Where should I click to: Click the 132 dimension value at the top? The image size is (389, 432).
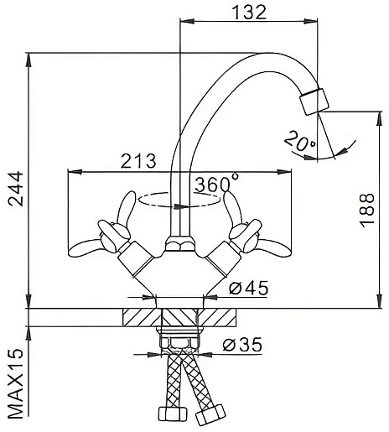click(x=250, y=13)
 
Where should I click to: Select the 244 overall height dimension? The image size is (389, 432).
click(x=16, y=189)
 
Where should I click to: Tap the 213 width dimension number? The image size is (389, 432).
click(x=138, y=161)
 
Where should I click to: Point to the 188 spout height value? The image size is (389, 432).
click(x=367, y=210)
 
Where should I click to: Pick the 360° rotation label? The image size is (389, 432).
click(x=217, y=183)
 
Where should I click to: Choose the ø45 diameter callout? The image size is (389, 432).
click(x=249, y=288)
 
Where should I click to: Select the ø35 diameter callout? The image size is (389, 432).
click(x=242, y=345)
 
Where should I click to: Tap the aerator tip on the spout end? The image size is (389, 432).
click(x=314, y=101)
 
